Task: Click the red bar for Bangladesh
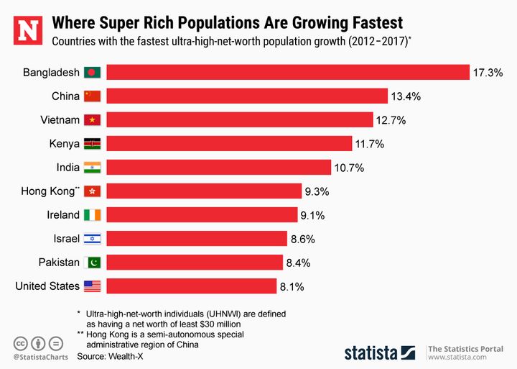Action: coord(287,73)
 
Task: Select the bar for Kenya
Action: coord(229,144)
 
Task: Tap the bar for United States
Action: coord(192,286)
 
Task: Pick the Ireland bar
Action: coord(202,215)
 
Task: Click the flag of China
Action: coord(93,96)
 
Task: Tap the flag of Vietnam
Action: coord(93,120)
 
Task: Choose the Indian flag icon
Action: coord(93,168)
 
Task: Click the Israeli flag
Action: coord(93,239)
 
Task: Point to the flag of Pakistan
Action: coord(93,263)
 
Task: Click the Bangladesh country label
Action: coord(50,73)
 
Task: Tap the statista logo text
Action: coord(371,352)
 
